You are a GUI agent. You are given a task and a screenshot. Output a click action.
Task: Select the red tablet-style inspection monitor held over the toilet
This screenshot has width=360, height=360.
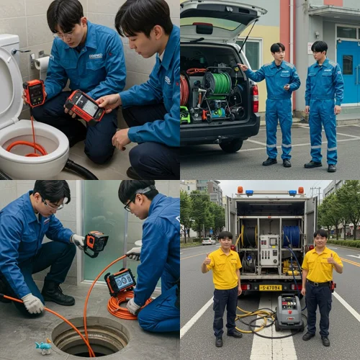pos(84,106)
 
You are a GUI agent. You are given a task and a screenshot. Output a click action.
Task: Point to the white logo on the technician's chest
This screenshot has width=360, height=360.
pos(96,55)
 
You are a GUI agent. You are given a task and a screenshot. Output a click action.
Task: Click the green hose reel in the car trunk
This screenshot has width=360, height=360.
pos(218,84)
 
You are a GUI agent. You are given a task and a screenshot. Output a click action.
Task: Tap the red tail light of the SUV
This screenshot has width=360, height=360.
pos(255,98)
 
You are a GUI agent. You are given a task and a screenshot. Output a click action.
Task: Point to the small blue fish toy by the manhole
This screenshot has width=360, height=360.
pos(44,347)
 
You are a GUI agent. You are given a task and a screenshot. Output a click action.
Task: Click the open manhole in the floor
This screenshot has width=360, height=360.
pos(91,336)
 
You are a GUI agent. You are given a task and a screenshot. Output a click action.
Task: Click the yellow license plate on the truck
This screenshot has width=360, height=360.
pos(271,288)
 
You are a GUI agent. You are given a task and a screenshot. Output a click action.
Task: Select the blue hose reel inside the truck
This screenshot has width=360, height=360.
pos(291,235)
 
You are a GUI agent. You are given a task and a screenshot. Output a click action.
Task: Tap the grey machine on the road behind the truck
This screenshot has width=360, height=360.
pos(289,312)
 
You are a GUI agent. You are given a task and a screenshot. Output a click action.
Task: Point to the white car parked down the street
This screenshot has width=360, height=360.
pos(208,241)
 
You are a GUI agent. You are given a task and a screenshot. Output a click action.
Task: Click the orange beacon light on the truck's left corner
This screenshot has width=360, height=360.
pos(240,192)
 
